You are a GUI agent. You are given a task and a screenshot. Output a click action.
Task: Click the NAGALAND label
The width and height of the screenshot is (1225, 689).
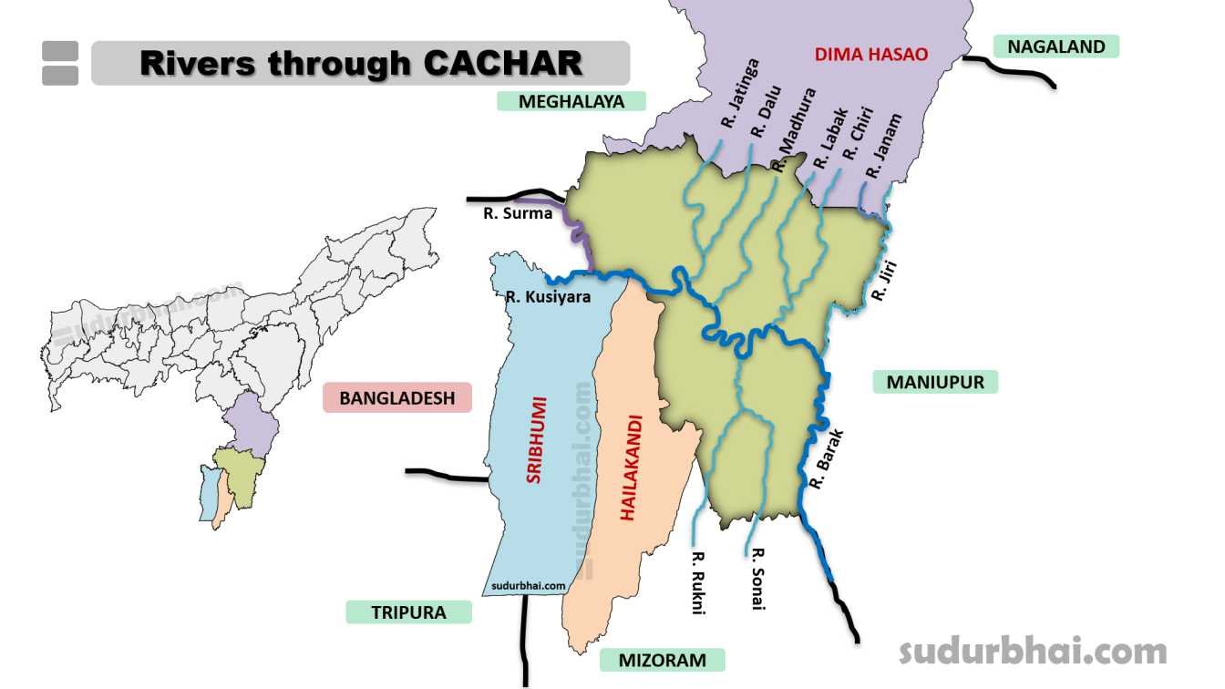(1055, 46)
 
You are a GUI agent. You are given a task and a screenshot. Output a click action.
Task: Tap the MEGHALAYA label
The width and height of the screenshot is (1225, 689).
(571, 101)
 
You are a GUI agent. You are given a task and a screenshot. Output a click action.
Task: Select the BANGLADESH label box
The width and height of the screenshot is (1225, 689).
(396, 398)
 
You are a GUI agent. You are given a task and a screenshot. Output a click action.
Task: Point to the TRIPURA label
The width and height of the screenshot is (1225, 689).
(408, 612)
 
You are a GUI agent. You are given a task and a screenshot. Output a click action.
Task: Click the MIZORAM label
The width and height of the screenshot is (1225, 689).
(662, 660)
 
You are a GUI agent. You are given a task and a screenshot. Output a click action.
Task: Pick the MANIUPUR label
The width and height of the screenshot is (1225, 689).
(935, 382)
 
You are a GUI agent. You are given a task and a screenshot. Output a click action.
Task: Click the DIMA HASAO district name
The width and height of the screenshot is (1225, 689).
(870, 55)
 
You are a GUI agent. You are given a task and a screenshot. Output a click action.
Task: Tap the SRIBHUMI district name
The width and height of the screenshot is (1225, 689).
(534, 439)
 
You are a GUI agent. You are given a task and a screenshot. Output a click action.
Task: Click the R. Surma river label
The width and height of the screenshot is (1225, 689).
(518, 213)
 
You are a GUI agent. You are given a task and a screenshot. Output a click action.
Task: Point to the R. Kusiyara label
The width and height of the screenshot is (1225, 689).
(548, 296)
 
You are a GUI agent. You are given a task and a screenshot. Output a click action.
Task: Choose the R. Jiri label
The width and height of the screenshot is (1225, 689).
(884, 281)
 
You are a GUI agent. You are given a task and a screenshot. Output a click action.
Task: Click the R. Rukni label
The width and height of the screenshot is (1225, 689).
(698, 582)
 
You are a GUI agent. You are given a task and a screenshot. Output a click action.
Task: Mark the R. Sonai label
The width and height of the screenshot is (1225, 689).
(757, 579)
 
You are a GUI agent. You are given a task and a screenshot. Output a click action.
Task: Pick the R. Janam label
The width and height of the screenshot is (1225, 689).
(883, 146)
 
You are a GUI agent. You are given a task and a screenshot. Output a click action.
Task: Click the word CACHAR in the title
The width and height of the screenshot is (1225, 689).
(502, 63)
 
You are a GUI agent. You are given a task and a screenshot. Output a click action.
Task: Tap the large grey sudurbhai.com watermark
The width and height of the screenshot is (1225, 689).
(1033, 651)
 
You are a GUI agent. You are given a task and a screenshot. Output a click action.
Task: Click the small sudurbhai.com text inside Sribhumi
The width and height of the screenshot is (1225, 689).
(528, 586)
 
